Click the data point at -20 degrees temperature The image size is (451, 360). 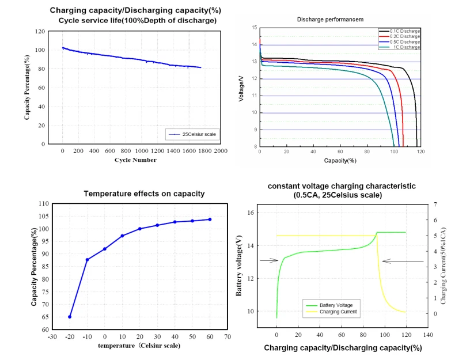(x=70, y=316)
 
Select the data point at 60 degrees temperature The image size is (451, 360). (x=210, y=219)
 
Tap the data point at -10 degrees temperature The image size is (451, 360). (x=87, y=260)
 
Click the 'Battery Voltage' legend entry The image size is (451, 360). (x=340, y=305)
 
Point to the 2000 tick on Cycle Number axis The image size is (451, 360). (x=221, y=151)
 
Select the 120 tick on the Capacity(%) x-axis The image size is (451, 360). (x=420, y=153)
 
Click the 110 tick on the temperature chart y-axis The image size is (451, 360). (x=43, y=204)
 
